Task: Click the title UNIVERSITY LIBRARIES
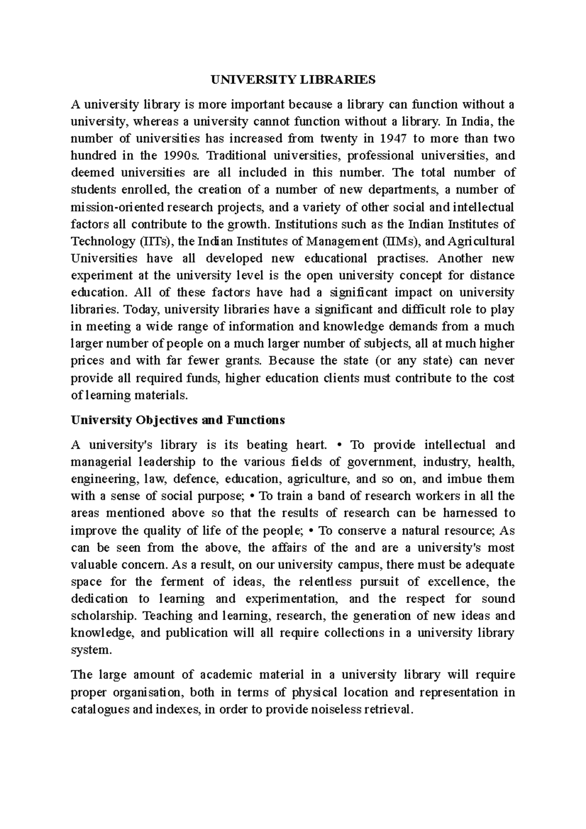tap(293, 80)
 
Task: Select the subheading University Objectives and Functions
tap(177, 420)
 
